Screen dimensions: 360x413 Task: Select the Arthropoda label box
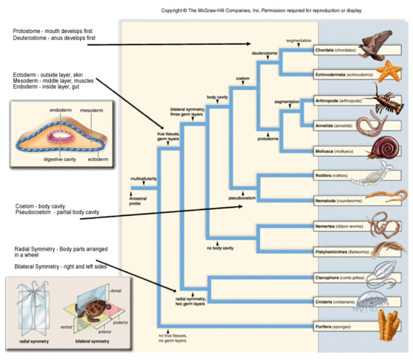[333, 100]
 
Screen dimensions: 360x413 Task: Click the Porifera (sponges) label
[333, 326]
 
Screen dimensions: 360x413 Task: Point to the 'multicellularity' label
[145, 180]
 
